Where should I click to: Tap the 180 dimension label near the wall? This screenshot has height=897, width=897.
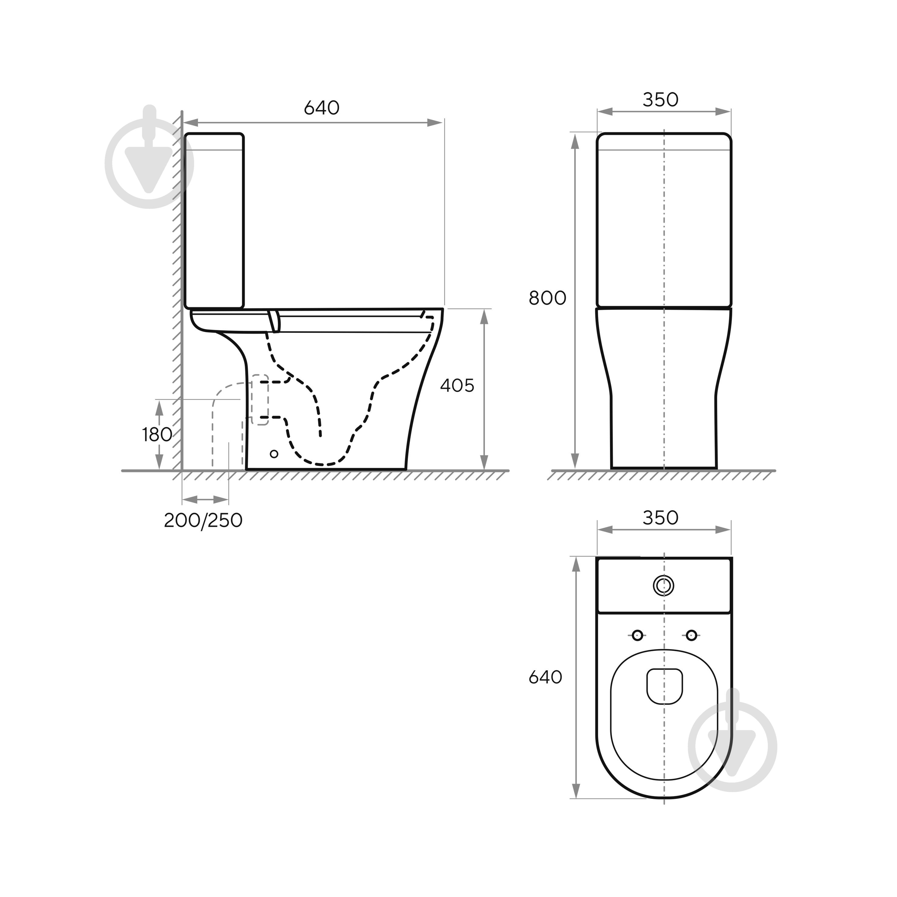(157, 435)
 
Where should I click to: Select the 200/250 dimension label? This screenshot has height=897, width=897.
(203, 520)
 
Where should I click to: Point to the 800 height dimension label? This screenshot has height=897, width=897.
(547, 298)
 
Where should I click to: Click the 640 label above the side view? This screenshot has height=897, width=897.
(321, 108)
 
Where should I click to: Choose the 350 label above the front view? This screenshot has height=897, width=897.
(660, 99)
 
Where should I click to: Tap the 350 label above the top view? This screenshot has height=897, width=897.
(660, 518)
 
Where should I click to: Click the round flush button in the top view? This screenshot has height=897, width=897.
(664, 586)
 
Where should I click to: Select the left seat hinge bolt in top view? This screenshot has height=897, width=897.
(638, 635)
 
